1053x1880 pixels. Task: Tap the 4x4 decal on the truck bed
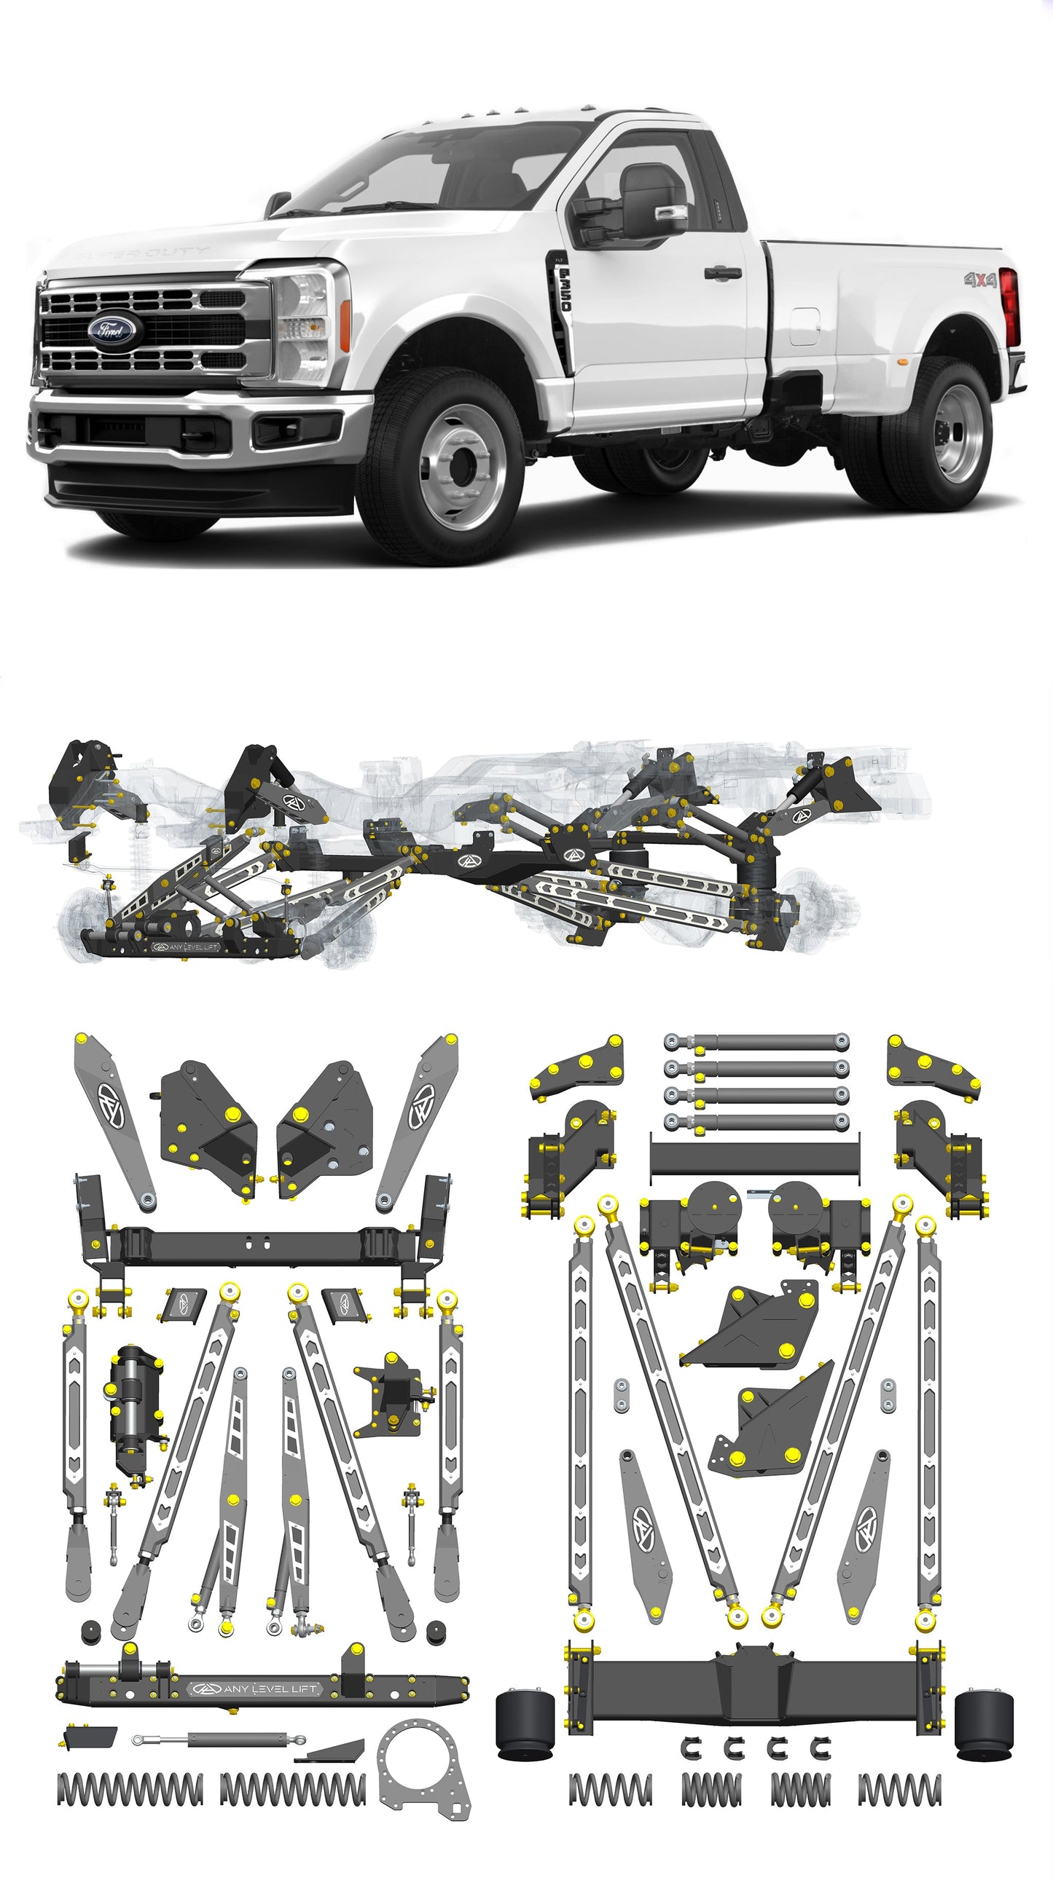[x=979, y=280]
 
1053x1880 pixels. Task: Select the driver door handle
[x=722, y=273]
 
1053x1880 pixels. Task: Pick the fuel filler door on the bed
[x=804, y=325]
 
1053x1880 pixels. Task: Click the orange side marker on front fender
[x=345, y=325]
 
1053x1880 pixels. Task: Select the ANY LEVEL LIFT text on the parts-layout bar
[x=270, y=1689]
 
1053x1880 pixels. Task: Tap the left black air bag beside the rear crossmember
[x=524, y=1721]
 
